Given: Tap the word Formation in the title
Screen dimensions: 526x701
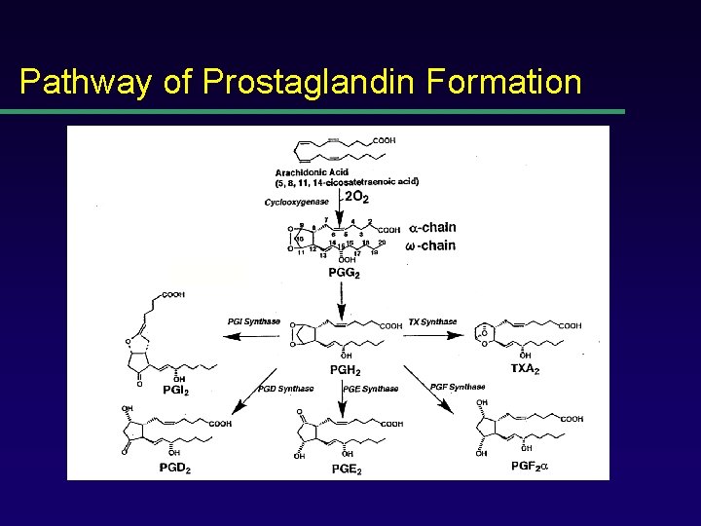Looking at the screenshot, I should [504, 82].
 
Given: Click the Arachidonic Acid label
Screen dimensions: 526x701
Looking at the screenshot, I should [313, 172].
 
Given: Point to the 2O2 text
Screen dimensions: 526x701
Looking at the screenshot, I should [357, 198].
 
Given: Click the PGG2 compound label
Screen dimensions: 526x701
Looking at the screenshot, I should [344, 275].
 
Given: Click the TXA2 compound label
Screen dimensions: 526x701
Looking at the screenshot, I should [527, 369].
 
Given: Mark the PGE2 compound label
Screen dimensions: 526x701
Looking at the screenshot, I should [348, 469].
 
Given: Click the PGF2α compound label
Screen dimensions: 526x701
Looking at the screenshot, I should [531, 467].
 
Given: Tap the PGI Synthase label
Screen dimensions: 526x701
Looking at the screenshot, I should [254, 321].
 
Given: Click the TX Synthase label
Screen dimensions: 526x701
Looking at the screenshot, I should [432, 321].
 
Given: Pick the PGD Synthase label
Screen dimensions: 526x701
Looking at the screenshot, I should [286, 389].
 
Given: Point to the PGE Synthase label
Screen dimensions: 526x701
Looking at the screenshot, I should [371, 389].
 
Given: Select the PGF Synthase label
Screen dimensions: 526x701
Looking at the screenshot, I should [458, 387].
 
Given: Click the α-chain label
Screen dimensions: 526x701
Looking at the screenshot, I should [433, 228].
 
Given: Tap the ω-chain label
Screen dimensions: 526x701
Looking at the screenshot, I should [430, 245].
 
